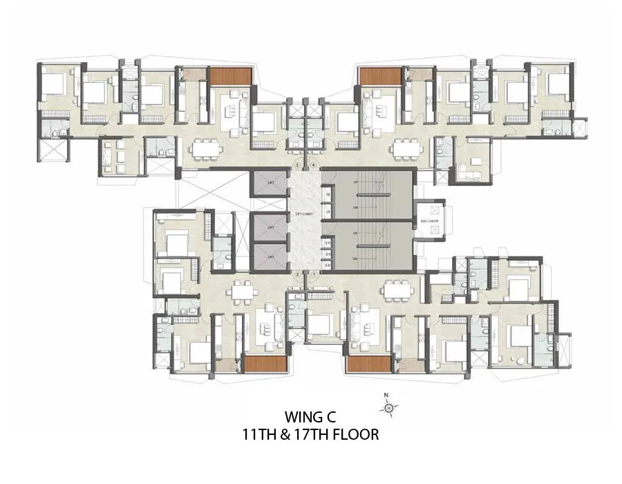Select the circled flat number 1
point(314,274)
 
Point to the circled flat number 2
point(298,274)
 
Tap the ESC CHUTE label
point(429,222)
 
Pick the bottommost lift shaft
point(267,257)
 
